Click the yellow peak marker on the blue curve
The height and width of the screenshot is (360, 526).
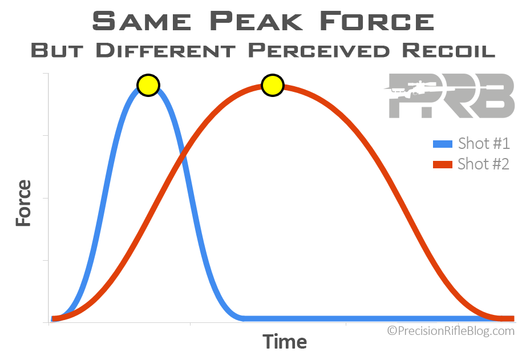pos(148,85)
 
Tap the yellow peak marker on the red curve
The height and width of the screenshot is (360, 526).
pos(273,85)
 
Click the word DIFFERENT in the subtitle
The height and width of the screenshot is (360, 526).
pos(165,50)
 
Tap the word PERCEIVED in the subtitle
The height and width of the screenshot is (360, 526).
pos(319,50)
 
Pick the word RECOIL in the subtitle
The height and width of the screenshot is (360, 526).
pos(448,50)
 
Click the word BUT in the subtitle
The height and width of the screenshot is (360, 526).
pos(56,50)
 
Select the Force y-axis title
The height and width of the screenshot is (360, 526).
pos(23,203)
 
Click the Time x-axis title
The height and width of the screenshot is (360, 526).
pos(285,342)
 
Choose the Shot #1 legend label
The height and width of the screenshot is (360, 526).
pos(484,143)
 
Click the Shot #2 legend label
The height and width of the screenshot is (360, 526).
pos(483,164)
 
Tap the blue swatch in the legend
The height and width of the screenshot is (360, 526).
pos(443,144)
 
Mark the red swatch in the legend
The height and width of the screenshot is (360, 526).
pos(443,164)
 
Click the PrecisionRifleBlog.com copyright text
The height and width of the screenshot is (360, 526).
pos(451,331)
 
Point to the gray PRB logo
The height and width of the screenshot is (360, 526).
pos(450,96)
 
